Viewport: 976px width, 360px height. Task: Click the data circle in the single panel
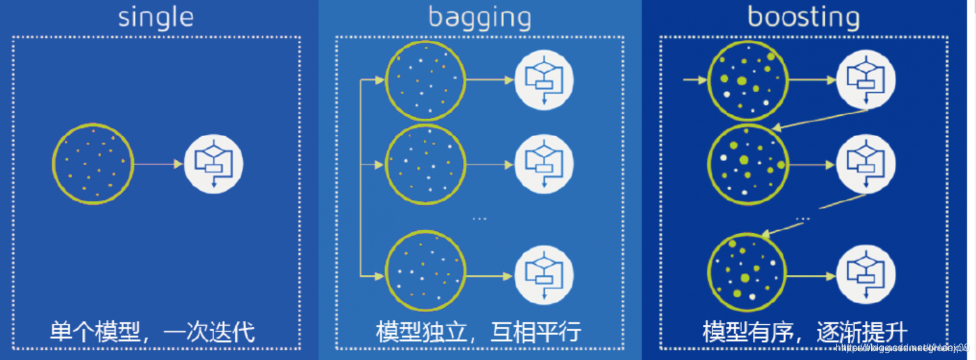coord(93,164)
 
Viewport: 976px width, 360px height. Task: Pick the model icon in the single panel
coord(214,164)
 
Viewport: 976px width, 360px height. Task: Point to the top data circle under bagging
coord(425,81)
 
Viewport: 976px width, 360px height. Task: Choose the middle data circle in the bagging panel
coord(425,164)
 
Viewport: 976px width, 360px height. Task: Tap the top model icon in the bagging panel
coord(544,81)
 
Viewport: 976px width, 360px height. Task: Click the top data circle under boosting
coord(747,81)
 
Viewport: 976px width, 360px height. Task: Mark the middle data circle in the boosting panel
coord(747,164)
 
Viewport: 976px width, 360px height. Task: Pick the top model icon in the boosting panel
coord(866,81)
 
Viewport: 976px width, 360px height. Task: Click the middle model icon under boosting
coord(866,164)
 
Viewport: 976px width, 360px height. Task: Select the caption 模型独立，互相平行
coord(478,332)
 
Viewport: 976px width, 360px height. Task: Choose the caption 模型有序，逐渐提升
coord(805,332)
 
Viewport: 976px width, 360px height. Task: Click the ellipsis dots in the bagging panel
coord(479,219)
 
